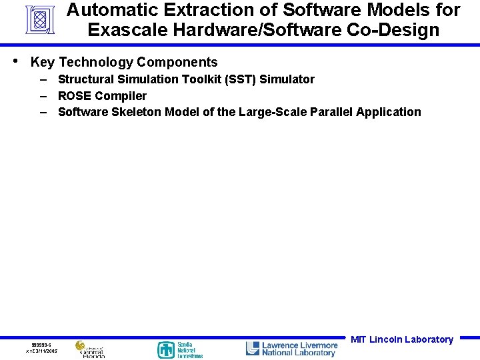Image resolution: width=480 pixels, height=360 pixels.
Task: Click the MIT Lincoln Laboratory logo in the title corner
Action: (40, 20)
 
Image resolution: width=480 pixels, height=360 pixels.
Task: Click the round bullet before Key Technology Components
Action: (16, 61)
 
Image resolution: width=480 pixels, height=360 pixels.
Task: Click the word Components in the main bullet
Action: (177, 63)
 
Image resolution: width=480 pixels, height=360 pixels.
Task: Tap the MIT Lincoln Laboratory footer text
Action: (401, 339)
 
